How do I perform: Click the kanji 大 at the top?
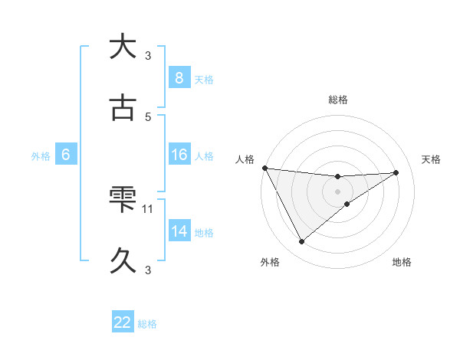click(x=122, y=47)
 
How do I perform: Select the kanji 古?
click(x=122, y=109)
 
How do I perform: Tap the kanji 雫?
click(x=122, y=201)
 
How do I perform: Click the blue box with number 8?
click(x=179, y=78)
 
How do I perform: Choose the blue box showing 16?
click(x=179, y=155)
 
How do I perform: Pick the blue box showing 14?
click(x=179, y=232)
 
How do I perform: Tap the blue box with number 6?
click(x=66, y=155)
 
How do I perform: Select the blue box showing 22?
click(x=123, y=322)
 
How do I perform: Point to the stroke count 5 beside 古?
click(x=148, y=116)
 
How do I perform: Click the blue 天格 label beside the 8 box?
click(x=204, y=80)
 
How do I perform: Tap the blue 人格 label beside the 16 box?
click(x=204, y=156)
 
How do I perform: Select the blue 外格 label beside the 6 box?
click(x=41, y=156)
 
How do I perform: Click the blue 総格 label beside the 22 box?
click(x=147, y=324)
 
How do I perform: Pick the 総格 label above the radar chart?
click(x=337, y=100)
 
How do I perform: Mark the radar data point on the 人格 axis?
click(x=264, y=168)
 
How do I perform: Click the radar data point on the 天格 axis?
click(x=396, y=172)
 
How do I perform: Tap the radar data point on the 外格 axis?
click(x=301, y=242)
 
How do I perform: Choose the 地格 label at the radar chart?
click(x=402, y=263)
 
